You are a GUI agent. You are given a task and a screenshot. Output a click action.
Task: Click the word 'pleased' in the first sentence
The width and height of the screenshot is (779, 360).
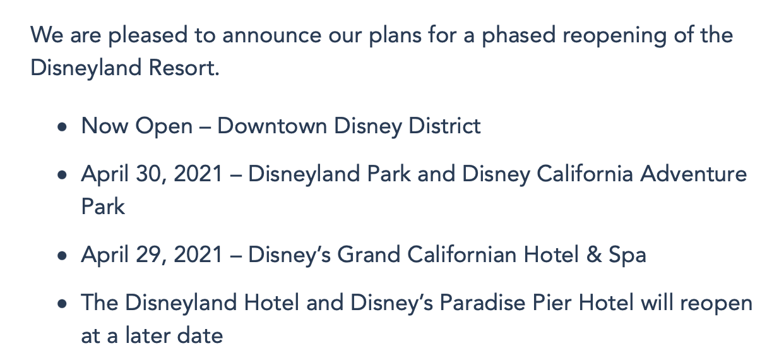click(148, 36)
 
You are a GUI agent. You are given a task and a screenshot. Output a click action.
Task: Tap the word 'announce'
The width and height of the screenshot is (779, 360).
click(272, 36)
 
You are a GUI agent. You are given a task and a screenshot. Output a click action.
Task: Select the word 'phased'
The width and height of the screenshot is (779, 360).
click(518, 35)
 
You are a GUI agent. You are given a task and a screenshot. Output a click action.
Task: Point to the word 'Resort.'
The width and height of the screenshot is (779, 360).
click(184, 67)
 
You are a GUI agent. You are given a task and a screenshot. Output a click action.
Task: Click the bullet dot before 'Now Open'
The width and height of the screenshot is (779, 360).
click(62, 127)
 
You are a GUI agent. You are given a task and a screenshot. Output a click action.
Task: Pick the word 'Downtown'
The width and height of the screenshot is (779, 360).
click(272, 126)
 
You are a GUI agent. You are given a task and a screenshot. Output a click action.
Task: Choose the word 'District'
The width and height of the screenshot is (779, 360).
click(444, 126)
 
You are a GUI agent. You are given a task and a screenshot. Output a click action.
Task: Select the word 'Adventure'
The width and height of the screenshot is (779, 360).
click(693, 174)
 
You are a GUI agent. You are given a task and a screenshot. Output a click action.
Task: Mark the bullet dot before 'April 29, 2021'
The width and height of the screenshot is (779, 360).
click(62, 256)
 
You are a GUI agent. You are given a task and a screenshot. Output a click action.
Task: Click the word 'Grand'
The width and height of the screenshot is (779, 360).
click(369, 255)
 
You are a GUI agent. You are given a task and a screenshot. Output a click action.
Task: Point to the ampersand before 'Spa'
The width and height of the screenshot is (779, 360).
click(594, 255)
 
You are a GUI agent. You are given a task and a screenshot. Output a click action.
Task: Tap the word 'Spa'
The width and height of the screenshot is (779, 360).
click(627, 256)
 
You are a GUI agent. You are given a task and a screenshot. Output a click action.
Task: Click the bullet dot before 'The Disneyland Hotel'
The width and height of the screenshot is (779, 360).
click(62, 304)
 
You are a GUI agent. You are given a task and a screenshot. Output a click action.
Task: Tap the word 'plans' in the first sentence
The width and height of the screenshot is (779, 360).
click(395, 36)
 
